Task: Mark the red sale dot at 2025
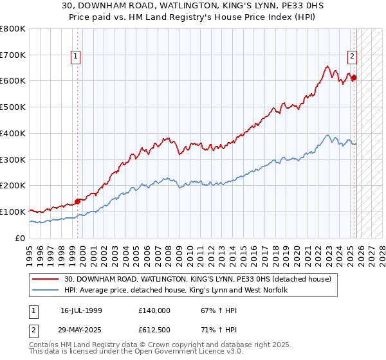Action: click(x=354, y=78)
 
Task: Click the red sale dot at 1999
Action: click(x=77, y=201)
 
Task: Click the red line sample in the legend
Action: click(x=46, y=279)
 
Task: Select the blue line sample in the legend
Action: click(x=46, y=290)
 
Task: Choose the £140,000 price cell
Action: click(x=154, y=310)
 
